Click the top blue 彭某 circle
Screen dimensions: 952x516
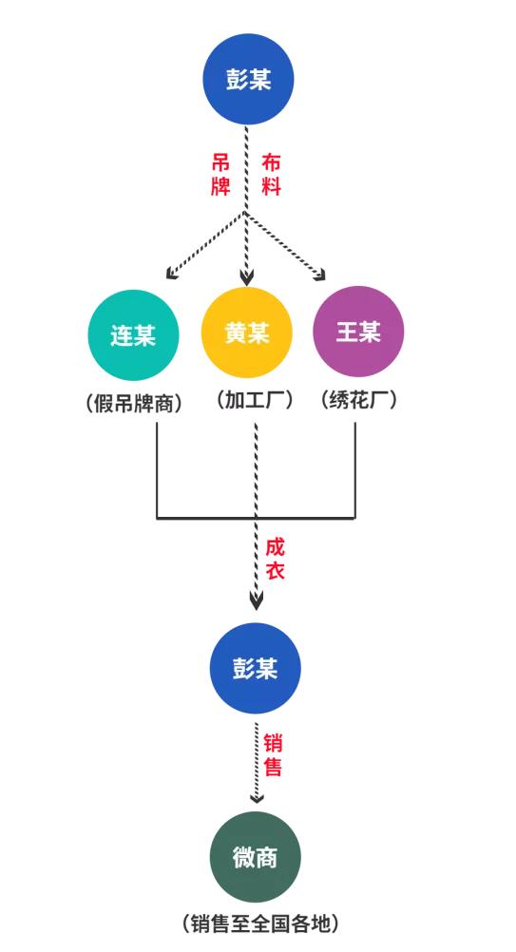248,79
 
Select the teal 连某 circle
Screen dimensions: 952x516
133,334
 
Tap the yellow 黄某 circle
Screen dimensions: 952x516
247,333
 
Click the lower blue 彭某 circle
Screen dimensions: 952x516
255,668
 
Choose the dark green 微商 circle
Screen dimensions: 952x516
255,857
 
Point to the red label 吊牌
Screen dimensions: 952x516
220,175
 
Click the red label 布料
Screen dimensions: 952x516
272,175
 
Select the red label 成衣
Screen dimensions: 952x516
275,560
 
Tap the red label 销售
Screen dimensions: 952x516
273,754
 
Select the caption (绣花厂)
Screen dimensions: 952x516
358,400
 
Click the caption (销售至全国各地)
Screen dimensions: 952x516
258,922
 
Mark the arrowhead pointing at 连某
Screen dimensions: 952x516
171,276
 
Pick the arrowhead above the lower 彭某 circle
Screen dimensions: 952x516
256,600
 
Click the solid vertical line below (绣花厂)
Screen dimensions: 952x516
354,470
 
